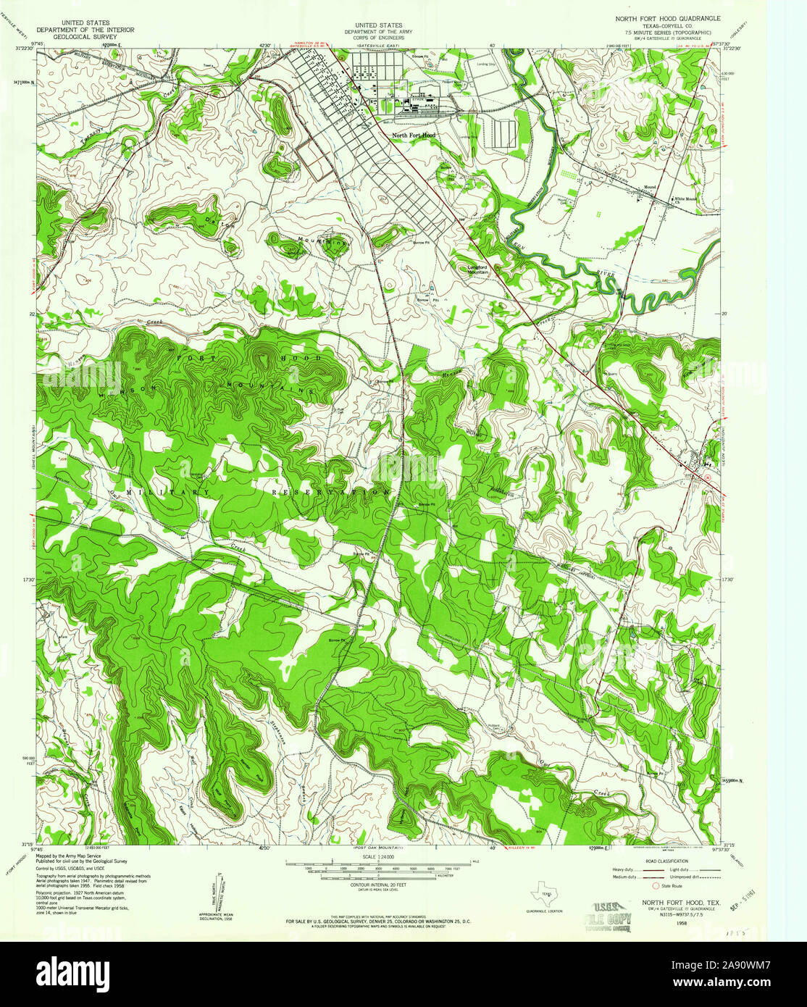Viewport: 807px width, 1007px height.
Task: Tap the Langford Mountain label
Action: tap(475, 269)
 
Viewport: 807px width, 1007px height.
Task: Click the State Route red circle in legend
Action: tap(656, 885)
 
